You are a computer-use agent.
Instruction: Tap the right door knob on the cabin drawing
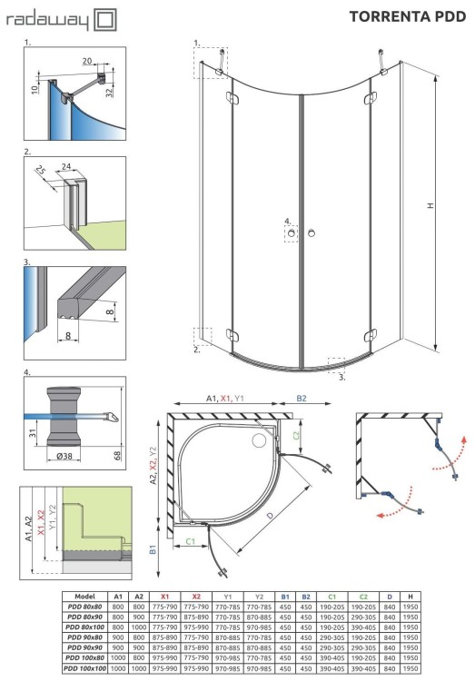pos(312,235)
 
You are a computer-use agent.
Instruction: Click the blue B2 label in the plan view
pos(302,398)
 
